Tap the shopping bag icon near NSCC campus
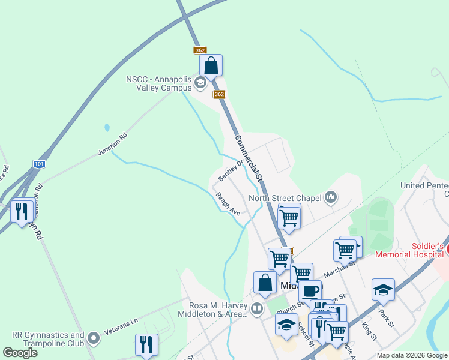[x=211, y=65]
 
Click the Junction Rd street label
[x=113, y=145]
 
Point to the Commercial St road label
[x=249, y=158]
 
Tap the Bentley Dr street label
[x=231, y=170]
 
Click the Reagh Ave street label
[x=228, y=204]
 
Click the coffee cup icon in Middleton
[x=310, y=291]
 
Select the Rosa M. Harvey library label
[x=218, y=309]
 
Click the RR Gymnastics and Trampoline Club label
[x=48, y=339]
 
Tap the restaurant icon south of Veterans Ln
[x=146, y=344]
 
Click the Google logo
[x=20, y=353]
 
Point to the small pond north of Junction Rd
[x=107, y=128]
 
